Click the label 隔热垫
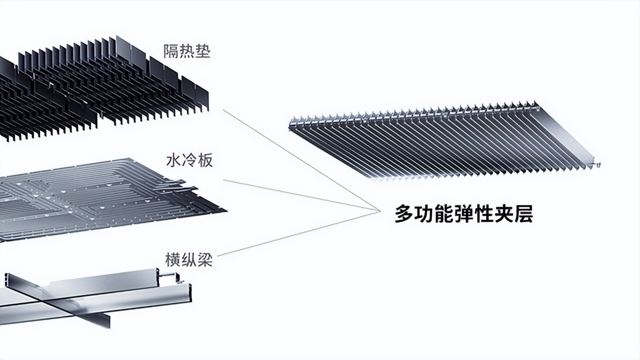187,51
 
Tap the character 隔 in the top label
171,51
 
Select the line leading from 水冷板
300,195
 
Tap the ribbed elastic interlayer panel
443,142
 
